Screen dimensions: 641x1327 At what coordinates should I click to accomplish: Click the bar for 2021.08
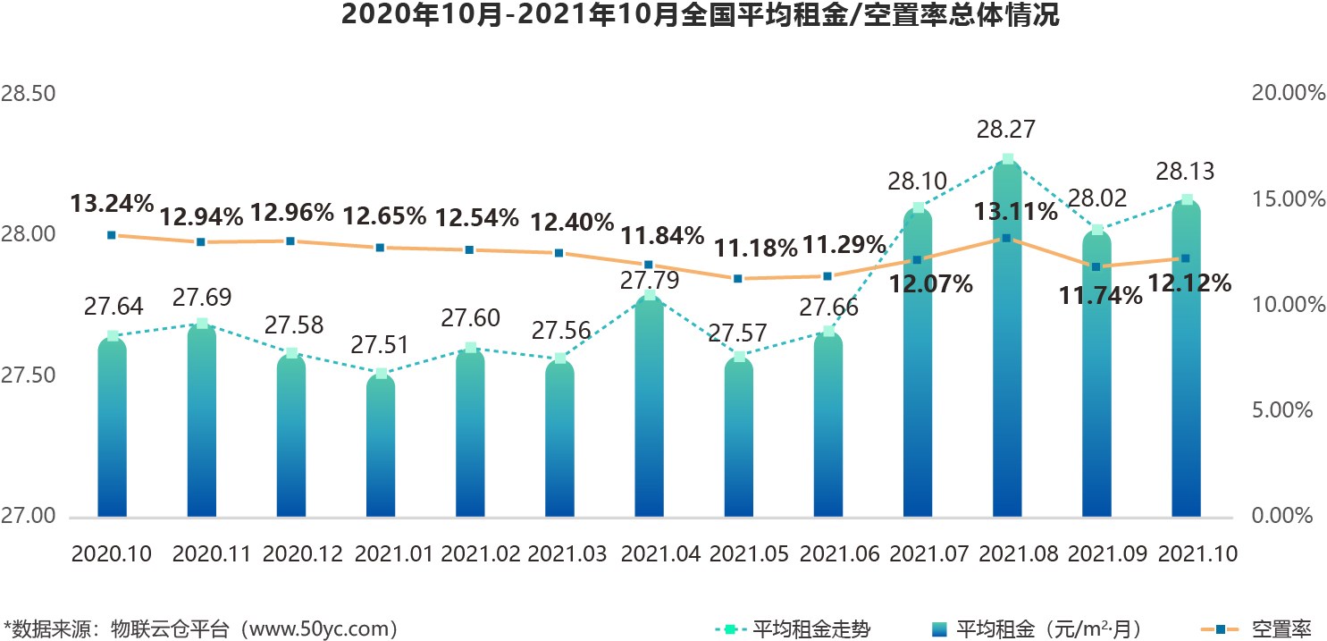coord(1007,358)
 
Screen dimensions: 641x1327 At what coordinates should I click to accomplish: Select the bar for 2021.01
coord(381,447)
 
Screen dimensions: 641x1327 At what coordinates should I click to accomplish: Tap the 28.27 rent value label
coord(1006,131)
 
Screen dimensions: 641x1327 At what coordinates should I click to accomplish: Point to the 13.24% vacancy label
coord(113,204)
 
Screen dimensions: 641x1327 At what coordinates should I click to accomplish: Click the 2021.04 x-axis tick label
coord(660,554)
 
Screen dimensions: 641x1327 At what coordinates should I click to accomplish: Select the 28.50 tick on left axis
coord(29,94)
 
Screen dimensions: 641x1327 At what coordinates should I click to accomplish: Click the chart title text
coord(663,15)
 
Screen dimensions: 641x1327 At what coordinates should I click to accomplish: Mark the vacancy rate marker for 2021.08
coord(1006,238)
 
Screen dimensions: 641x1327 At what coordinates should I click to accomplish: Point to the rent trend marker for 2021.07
coord(918,208)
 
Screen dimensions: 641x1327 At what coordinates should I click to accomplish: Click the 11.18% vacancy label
coord(750,246)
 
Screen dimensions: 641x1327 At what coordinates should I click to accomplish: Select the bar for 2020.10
coord(113,429)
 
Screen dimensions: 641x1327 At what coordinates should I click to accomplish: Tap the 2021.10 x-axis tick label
coord(1197,554)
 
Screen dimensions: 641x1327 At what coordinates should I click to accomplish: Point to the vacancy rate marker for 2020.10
coord(112,235)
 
